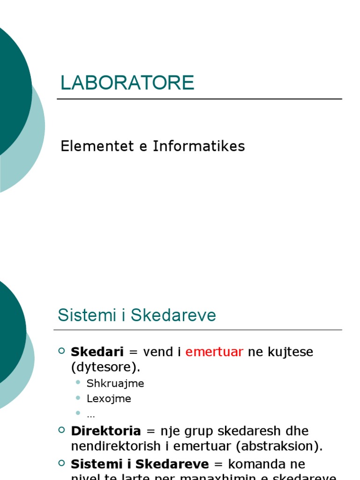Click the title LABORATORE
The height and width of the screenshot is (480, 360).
(127, 83)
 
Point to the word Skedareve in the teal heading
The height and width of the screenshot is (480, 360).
(173, 315)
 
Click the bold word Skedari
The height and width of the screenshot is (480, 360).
(97, 352)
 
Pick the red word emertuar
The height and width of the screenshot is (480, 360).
(214, 352)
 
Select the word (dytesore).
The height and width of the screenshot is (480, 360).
(105, 367)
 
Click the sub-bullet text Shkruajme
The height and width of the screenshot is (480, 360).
(115, 383)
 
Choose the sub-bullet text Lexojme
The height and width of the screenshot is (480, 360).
(109, 399)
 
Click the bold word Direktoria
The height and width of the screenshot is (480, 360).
(106, 431)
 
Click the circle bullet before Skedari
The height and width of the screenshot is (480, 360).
(62, 351)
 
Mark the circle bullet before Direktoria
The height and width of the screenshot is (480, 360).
(62, 430)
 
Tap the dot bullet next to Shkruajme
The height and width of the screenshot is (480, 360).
(78, 383)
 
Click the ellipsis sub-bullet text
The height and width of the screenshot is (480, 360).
(91, 415)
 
